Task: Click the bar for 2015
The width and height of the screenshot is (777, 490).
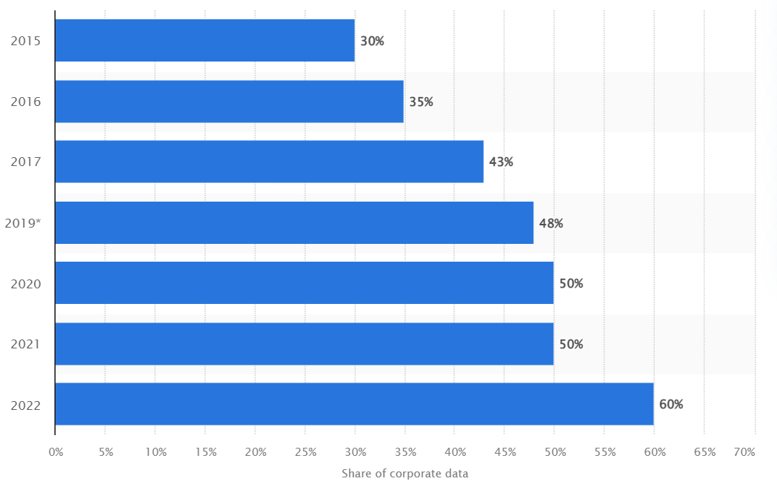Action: pyautogui.click(x=204, y=41)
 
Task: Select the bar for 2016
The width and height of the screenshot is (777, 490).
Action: pyautogui.click(x=229, y=102)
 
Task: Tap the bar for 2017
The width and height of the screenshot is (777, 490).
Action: pyautogui.click(x=269, y=162)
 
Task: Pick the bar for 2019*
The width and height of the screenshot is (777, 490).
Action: pyautogui.click(x=294, y=222)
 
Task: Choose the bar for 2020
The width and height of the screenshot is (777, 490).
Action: pyautogui.click(x=304, y=283)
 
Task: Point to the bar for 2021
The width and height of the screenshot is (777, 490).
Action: pyautogui.click(x=304, y=344)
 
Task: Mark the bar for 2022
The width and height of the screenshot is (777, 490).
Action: pyautogui.click(x=354, y=404)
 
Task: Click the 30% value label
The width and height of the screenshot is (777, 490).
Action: pyautogui.click(x=372, y=42)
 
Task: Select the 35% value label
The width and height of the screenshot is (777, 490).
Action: pyautogui.click(x=421, y=102)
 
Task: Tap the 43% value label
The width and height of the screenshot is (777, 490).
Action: pyautogui.click(x=501, y=162)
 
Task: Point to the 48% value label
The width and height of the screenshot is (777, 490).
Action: pyautogui.click(x=551, y=223)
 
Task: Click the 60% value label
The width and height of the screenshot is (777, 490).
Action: pyautogui.click(x=670, y=405)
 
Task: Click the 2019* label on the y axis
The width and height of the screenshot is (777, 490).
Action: pyautogui.click(x=22, y=223)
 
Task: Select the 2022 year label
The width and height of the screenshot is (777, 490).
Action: pyautogui.click(x=25, y=405)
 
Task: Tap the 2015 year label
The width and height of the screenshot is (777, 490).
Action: pyautogui.click(x=25, y=42)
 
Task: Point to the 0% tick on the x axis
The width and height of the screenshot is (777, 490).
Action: pyautogui.click(x=56, y=451)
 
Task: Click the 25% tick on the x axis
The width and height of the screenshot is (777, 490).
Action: pyautogui.click(x=305, y=451)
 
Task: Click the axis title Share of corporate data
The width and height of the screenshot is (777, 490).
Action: pyautogui.click(x=404, y=474)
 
